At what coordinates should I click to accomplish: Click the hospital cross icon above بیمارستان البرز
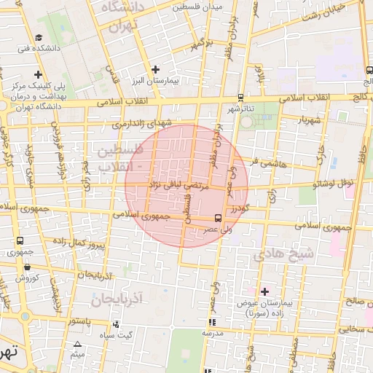click(x=154, y=70)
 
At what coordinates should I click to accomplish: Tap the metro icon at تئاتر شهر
click(x=240, y=96)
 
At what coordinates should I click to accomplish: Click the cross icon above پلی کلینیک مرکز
click(x=38, y=74)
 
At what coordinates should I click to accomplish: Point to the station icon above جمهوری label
click(x=20, y=240)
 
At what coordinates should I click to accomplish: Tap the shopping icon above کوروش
click(x=27, y=266)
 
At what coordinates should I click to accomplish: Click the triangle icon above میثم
click(x=77, y=343)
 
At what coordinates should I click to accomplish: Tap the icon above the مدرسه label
click(x=212, y=321)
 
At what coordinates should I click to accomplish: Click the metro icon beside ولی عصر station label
click(x=217, y=218)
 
